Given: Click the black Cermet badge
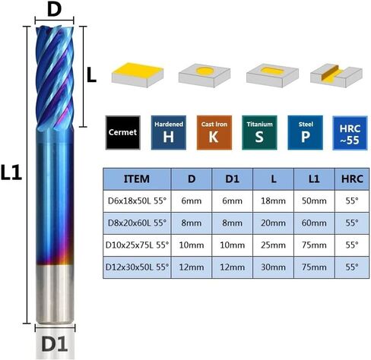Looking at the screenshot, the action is point(123,132).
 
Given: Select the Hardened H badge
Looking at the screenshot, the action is point(169,132).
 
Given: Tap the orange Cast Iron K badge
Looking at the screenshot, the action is point(214,132).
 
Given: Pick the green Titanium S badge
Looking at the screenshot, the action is point(259,132).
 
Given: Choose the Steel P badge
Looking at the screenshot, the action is point(306,132).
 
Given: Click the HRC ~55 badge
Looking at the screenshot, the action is point(350,133).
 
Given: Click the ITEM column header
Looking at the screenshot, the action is point(137,179).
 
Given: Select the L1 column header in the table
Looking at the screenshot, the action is point(314,179).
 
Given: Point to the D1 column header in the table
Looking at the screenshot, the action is point(232,179).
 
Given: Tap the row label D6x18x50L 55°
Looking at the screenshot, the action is point(137,201).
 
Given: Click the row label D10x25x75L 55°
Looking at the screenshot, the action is point(137,245).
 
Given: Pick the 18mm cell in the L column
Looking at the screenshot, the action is point(273,201).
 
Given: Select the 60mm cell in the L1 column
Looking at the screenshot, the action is point(314,223).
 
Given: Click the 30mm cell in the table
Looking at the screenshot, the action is point(273,267).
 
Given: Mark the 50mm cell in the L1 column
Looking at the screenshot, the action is point(314,201).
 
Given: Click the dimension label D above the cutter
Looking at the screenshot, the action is point(54,10).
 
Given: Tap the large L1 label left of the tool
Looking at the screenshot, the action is point(11,172).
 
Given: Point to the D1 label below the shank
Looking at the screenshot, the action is point(55,344).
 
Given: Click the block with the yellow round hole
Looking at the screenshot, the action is point(205,74).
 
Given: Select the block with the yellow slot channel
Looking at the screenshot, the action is point(336,75).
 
